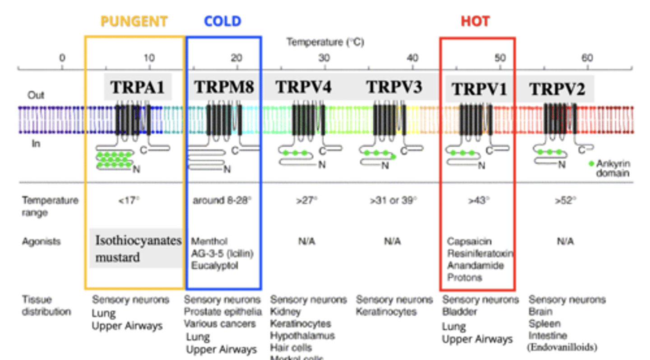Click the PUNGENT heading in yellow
coord(134,21)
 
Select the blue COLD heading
coord(223,21)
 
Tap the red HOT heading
coord(475,21)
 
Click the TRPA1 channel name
coord(137,87)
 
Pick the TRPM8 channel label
coord(224,87)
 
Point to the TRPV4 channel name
coord(303,87)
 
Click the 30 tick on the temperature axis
coord(324,58)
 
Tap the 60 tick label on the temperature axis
coord(587,58)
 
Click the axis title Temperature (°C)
coord(325,42)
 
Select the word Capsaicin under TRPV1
coord(469,242)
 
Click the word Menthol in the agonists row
coord(209,242)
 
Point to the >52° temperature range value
coord(565,201)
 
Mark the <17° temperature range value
coord(129,201)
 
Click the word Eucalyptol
coord(214,266)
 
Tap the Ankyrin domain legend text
coord(613,168)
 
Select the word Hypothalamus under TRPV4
coord(302,336)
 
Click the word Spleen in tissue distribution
coord(544,324)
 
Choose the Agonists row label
coord(41,242)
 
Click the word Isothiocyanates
coord(138,240)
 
